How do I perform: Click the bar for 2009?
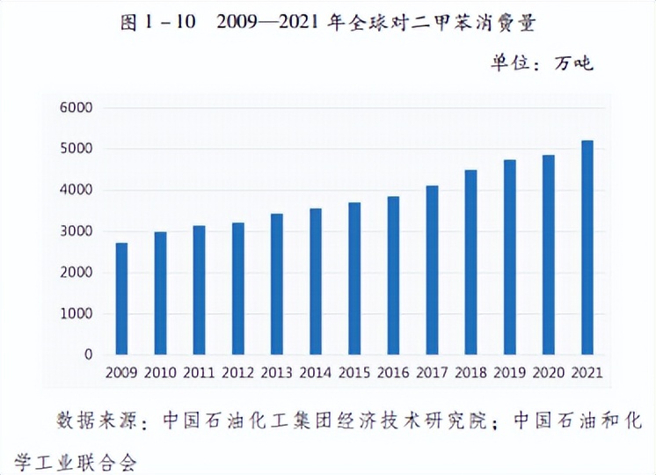pos(121,299)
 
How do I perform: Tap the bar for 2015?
pos(354,279)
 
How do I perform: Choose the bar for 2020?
pos(548,255)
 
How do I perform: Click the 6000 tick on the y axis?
pos(76,108)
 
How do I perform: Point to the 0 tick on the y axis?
pos(88,354)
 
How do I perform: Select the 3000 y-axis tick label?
pos(76,231)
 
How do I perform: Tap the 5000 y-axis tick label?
pos(76,150)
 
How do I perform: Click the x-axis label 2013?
pos(276,373)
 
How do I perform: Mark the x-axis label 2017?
pos(431,373)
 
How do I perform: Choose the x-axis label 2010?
pos(160,373)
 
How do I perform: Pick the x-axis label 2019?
pos(508,373)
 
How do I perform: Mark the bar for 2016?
pos(393,275)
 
